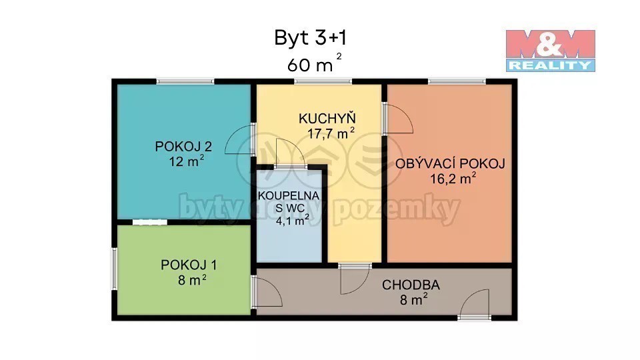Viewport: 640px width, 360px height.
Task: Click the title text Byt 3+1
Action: [310, 39]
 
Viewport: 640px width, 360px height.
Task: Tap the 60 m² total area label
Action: [314, 63]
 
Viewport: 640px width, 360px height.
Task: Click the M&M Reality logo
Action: [550, 51]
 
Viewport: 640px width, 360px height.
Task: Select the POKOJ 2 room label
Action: [183, 146]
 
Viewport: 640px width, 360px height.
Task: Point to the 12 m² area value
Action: [187, 161]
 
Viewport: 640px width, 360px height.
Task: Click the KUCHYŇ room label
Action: [327, 118]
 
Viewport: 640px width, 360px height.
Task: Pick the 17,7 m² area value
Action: [331, 133]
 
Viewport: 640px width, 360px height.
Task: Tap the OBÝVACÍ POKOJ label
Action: [450, 163]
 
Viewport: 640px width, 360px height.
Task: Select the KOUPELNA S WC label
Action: [289, 201]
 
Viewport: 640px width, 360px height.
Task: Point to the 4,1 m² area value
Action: [292, 221]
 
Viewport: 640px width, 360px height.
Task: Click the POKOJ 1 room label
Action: [189, 265]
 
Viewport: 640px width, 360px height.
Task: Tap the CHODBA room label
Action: [411, 285]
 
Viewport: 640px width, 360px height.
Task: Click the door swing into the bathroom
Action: [290, 153]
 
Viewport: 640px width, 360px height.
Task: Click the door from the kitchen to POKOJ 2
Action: [240, 139]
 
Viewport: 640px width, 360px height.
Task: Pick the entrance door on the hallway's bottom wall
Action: [474, 304]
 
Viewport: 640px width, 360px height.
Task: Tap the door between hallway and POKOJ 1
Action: [267, 291]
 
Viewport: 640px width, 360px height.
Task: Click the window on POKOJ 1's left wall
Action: [115, 269]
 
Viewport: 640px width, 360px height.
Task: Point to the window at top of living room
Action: [457, 81]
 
